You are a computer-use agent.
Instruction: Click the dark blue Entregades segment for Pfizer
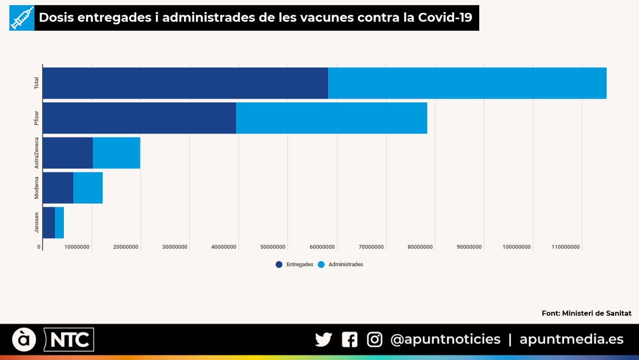click(x=139, y=118)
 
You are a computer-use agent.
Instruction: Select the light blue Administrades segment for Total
click(x=467, y=83)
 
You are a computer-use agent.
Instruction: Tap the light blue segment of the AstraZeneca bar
click(x=116, y=153)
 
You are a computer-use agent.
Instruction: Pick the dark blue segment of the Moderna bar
click(x=58, y=188)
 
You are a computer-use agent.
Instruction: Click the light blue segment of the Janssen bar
click(x=60, y=222)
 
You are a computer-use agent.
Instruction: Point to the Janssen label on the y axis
click(x=36, y=222)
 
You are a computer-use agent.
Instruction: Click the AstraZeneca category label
click(x=36, y=153)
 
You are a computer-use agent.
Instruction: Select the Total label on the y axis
click(x=36, y=83)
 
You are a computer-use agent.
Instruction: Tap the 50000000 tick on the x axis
click(x=273, y=247)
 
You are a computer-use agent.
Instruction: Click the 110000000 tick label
click(x=565, y=247)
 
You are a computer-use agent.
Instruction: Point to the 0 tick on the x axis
click(x=39, y=247)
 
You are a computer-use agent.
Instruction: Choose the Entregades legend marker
click(x=279, y=264)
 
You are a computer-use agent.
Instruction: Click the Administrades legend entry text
click(x=345, y=264)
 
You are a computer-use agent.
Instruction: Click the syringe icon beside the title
click(x=22, y=18)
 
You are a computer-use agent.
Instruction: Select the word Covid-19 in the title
click(x=445, y=18)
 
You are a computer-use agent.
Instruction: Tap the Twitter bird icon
click(x=323, y=340)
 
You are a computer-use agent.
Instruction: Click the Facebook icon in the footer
click(x=349, y=340)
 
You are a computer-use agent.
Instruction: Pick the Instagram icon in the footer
click(x=375, y=340)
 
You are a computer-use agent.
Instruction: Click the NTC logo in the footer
click(x=69, y=340)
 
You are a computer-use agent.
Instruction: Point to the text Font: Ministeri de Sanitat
click(x=586, y=313)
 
